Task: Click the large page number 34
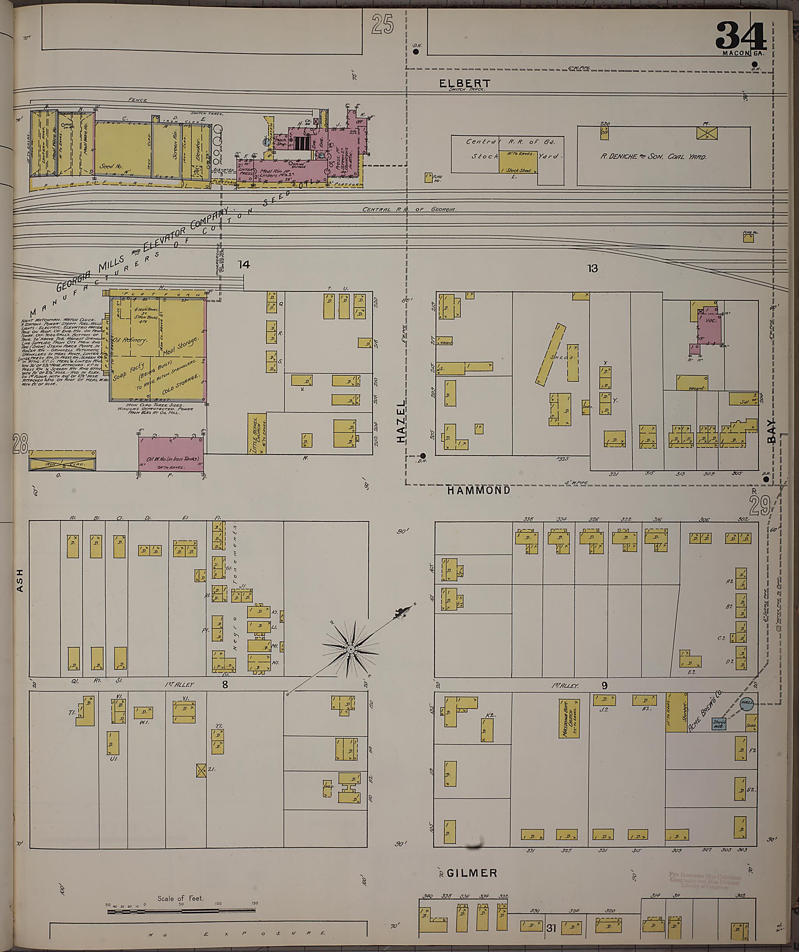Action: [740, 36]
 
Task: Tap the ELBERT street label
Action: [465, 83]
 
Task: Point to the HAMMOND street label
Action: [478, 490]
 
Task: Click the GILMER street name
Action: [472, 873]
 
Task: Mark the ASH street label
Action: [20, 580]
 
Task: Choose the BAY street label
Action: [772, 431]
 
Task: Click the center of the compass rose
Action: [350, 650]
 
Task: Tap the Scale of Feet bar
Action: [181, 910]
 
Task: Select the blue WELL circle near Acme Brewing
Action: [746, 704]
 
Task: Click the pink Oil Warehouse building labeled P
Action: [171, 453]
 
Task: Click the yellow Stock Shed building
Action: [518, 162]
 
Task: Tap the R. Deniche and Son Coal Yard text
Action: [653, 157]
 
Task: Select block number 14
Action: [244, 264]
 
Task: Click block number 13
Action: [592, 268]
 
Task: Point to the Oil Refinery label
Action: [131, 341]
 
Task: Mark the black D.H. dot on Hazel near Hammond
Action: [423, 456]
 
